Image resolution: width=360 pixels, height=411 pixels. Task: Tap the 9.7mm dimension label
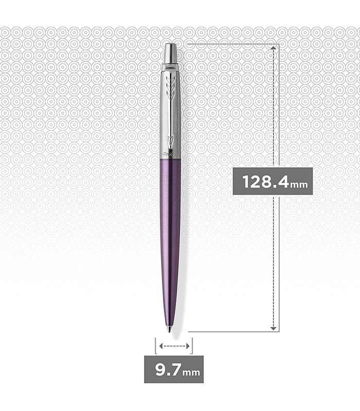[173, 369]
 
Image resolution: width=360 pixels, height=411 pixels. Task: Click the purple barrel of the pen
[171, 231]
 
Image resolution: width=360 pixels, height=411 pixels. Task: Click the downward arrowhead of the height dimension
[275, 327]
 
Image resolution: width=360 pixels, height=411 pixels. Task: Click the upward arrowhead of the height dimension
[275, 48]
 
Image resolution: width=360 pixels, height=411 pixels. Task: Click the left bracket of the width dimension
[155, 346]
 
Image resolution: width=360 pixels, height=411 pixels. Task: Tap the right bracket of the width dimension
[192, 346]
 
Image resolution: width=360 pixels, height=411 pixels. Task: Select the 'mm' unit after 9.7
[191, 371]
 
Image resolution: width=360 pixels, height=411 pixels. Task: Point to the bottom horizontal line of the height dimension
[231, 332]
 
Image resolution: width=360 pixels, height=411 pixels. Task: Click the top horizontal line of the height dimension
[231, 44]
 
